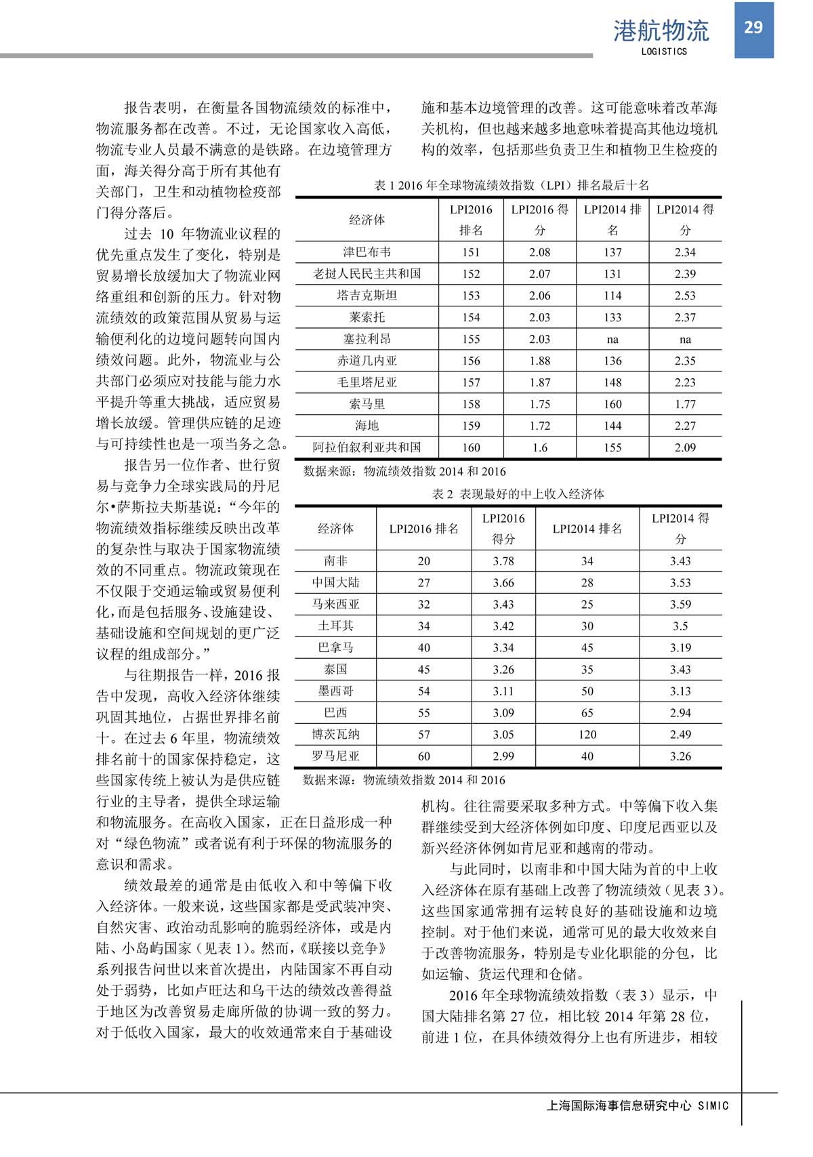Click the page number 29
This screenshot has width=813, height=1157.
[x=753, y=27]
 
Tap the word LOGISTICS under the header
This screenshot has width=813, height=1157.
[x=664, y=52]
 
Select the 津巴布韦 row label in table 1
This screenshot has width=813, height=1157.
[x=367, y=252]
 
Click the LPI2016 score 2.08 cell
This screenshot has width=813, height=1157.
[x=539, y=252]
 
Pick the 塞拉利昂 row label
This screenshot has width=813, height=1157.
[x=367, y=339]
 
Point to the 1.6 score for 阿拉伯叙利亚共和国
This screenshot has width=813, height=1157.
[x=539, y=447]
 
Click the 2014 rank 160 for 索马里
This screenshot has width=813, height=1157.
[x=612, y=404]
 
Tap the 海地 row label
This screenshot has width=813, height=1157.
[x=367, y=426]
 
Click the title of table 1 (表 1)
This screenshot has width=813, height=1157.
[x=512, y=185]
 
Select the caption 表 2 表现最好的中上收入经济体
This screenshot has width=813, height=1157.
[x=518, y=494]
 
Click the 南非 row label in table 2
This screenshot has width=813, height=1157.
[x=335, y=561]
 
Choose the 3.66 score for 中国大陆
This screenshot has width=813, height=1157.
[x=503, y=582]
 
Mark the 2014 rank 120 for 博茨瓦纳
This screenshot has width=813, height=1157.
[x=587, y=734]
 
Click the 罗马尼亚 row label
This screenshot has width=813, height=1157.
[x=335, y=756]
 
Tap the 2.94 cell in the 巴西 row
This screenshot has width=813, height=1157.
[x=680, y=712]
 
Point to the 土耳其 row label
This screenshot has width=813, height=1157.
[x=335, y=626]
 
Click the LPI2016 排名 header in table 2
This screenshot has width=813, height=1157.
[x=423, y=529]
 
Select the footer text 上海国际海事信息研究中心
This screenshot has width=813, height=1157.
[x=619, y=1105]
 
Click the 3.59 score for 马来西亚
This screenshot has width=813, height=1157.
[x=680, y=604]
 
